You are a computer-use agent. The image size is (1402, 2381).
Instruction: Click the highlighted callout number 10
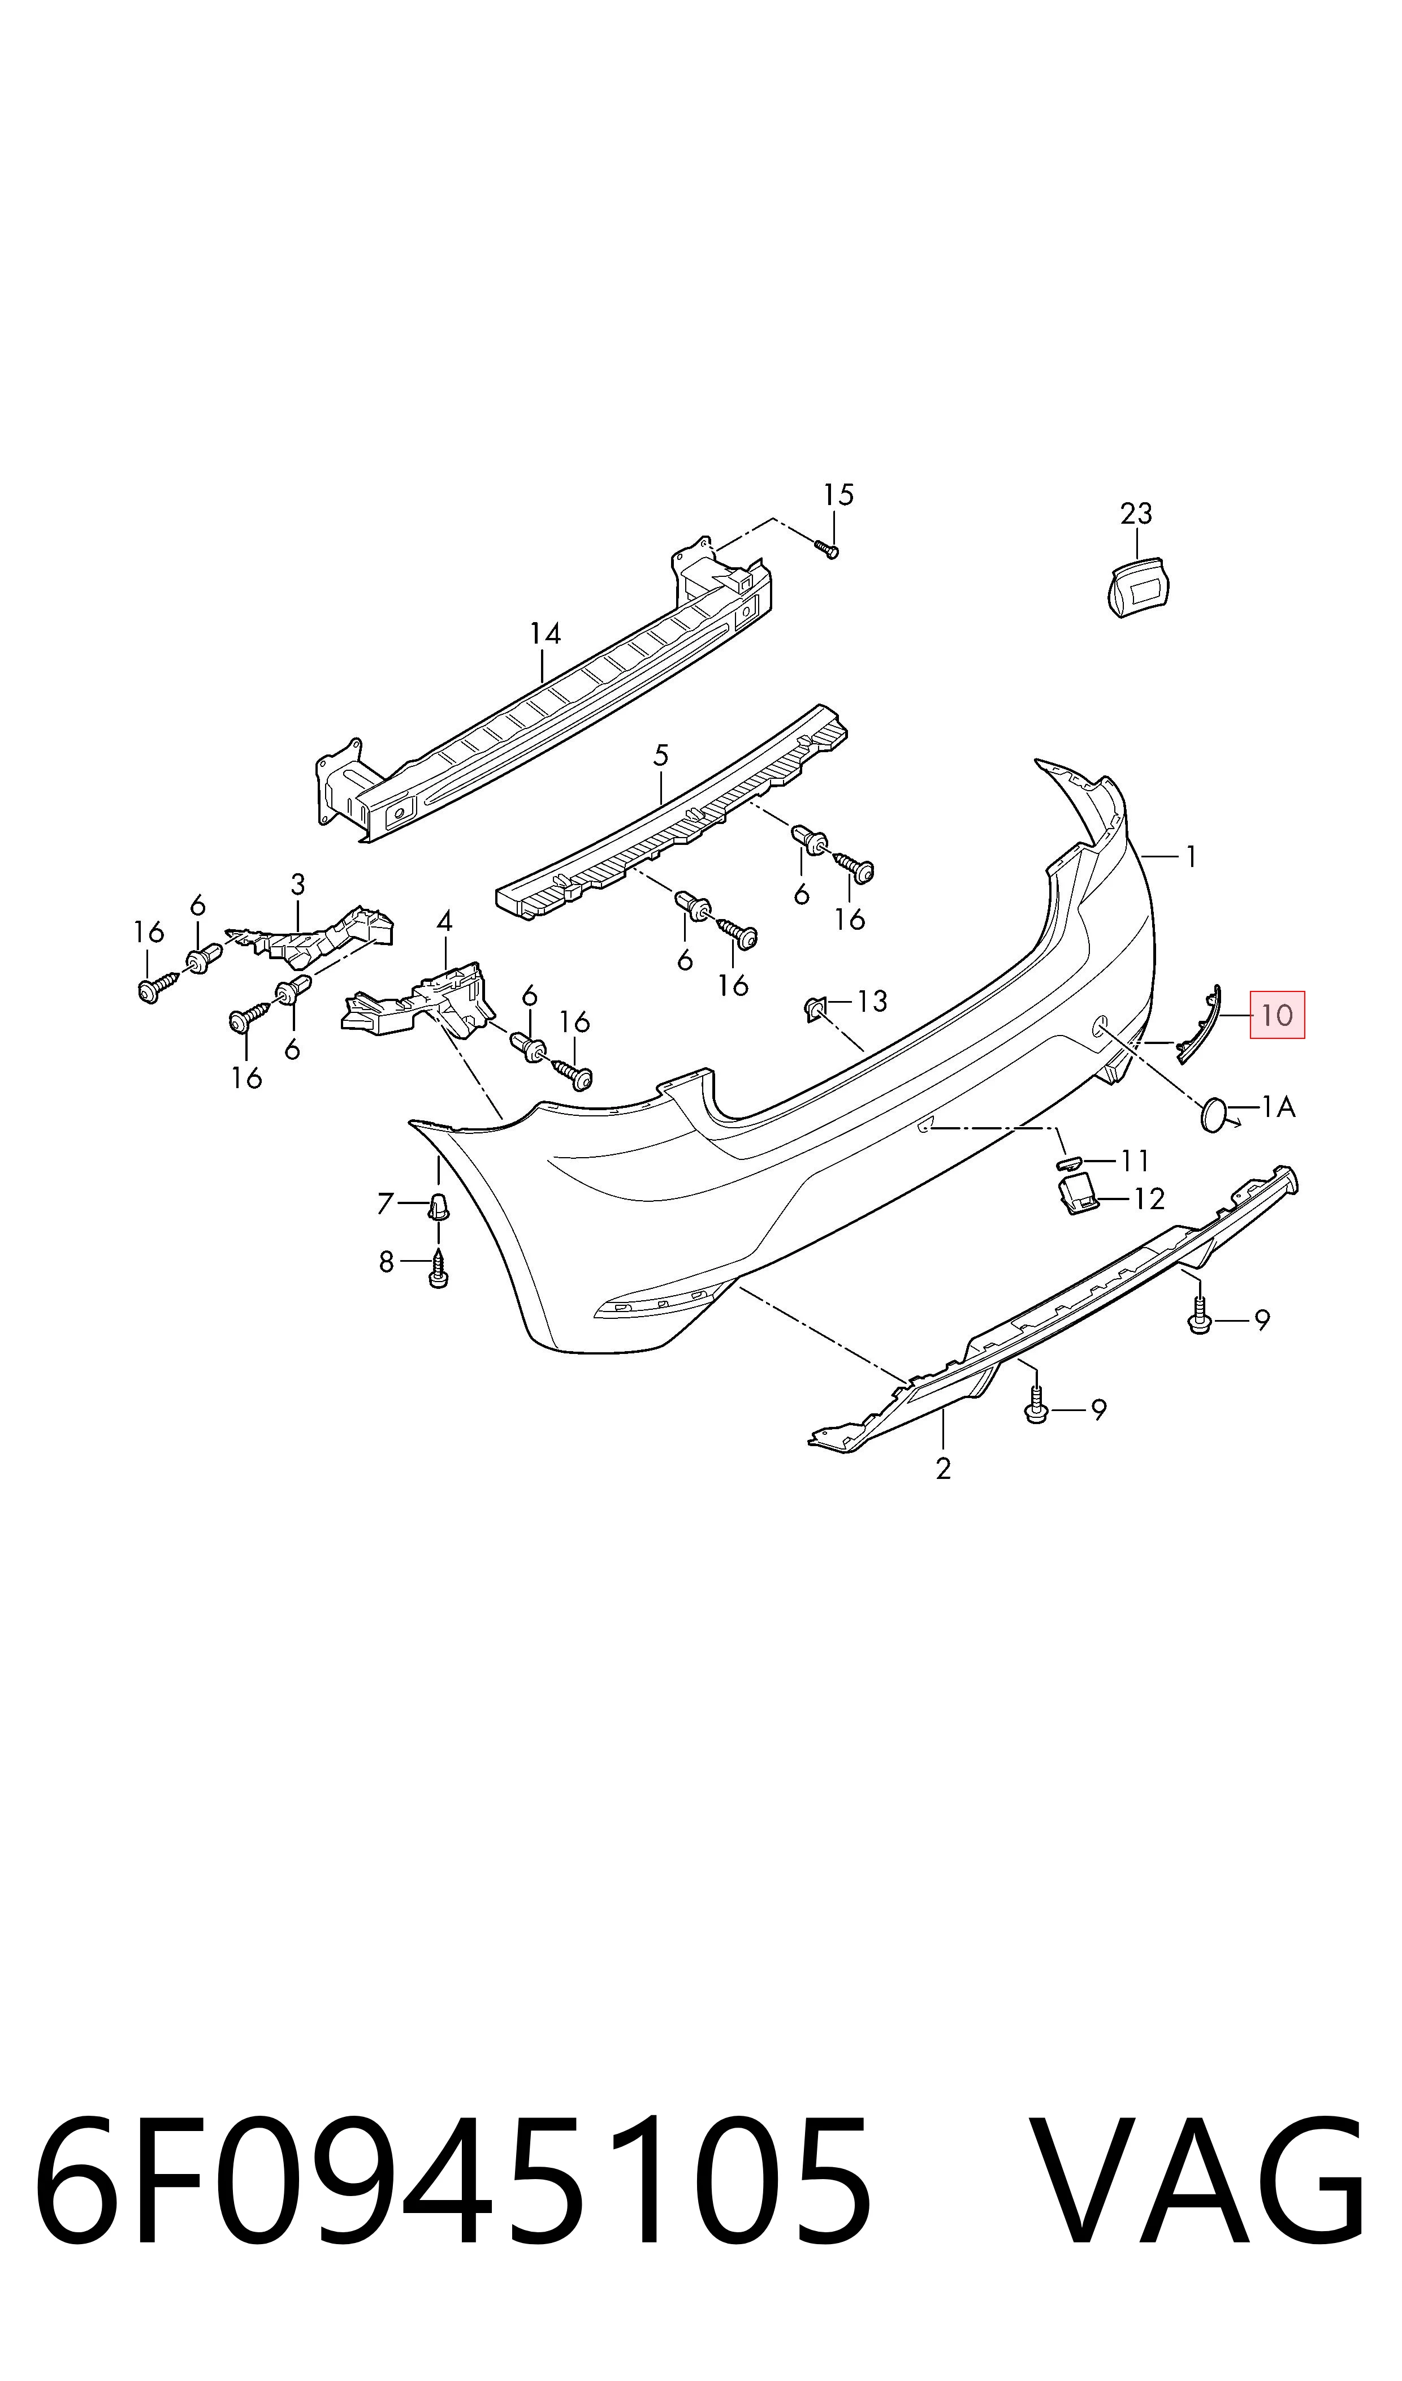tap(1276, 1016)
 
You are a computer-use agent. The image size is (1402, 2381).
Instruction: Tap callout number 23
tap(1136, 514)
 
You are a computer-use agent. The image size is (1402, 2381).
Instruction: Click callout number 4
tap(444, 920)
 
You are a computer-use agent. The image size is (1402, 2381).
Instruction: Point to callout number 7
tap(384, 1204)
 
